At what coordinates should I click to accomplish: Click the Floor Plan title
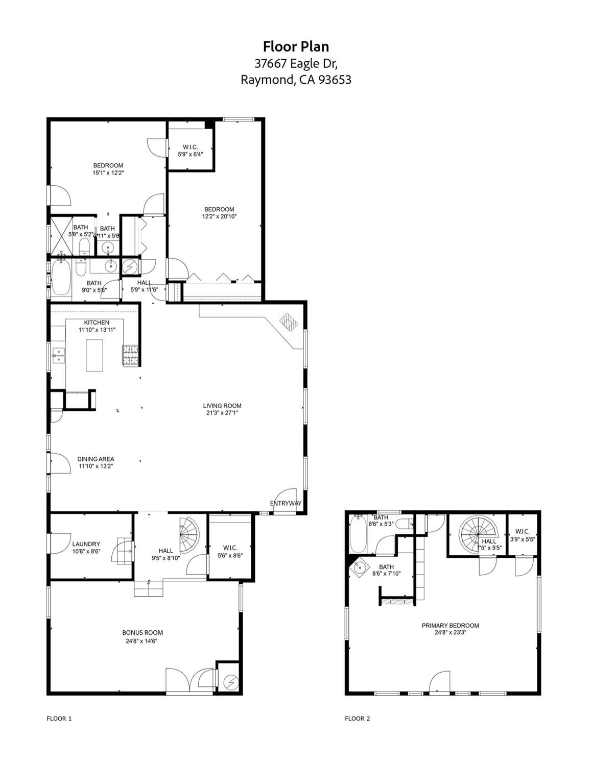[296, 46]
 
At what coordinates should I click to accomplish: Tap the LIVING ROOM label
[222, 406]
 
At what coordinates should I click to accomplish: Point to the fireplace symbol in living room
[289, 323]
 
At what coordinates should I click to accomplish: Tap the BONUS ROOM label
[143, 632]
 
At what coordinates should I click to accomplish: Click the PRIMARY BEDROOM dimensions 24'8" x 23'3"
[450, 632]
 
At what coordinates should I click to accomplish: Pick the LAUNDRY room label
[86, 544]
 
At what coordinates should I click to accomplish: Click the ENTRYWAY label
[286, 503]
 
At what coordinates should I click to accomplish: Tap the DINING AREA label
[96, 459]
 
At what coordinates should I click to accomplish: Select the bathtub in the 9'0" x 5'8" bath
[60, 278]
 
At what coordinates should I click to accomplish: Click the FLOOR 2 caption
[357, 719]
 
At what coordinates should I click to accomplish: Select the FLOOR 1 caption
[59, 719]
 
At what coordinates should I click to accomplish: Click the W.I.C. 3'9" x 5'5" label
[522, 531]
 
